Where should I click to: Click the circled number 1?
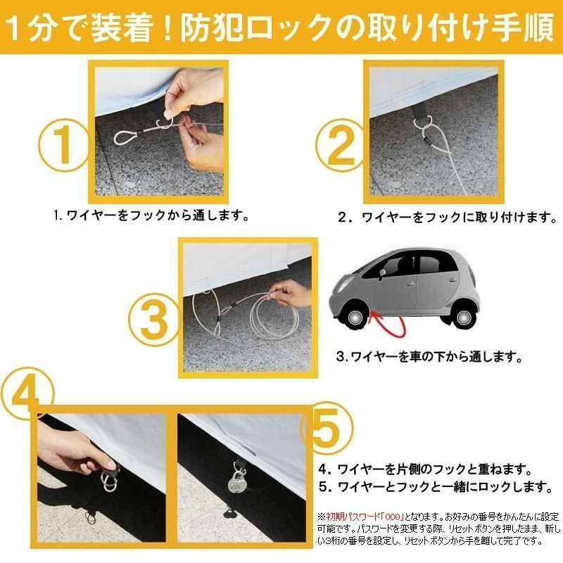63,145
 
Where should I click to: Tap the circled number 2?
341,146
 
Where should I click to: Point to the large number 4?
27,394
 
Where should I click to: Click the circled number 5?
326,429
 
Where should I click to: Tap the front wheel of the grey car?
355,317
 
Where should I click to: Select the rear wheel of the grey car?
462,317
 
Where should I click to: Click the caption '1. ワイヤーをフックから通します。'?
151,215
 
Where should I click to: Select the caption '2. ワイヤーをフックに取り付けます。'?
447,217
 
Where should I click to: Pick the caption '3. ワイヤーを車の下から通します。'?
429,357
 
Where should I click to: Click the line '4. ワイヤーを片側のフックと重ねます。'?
425,469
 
